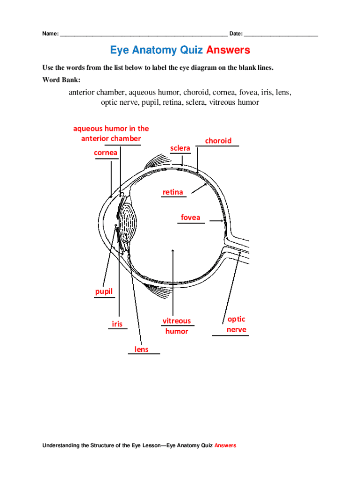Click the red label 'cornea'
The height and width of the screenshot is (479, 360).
tap(106, 152)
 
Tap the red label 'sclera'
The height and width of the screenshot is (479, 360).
tap(180, 148)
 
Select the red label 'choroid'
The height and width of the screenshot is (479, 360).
tap(218, 141)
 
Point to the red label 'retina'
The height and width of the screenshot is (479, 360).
tap(173, 192)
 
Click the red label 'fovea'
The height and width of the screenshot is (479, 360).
tap(190, 218)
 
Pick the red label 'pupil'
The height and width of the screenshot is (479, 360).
tap(104, 292)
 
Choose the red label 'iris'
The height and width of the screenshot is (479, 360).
tap(117, 323)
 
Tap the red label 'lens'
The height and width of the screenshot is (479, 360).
tap(142, 349)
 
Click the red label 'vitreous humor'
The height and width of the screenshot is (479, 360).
tap(177, 326)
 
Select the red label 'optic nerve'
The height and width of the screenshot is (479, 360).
tap(236, 324)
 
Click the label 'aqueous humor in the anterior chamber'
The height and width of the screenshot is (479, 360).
tap(111, 133)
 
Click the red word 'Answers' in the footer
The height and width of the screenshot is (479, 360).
tap(225, 446)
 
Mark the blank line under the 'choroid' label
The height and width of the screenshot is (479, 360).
tap(218, 146)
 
